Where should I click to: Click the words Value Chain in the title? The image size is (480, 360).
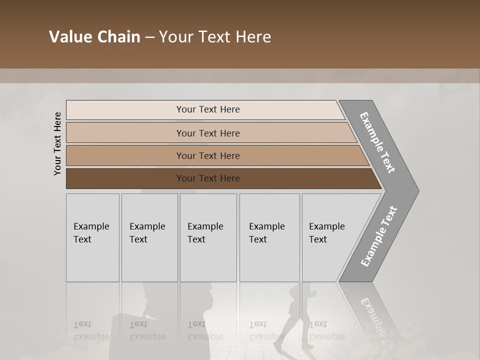tap(94, 37)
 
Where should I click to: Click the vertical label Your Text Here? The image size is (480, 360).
tap(57, 143)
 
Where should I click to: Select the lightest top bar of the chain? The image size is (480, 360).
tap(125, 110)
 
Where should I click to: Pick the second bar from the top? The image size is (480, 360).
tap(125, 133)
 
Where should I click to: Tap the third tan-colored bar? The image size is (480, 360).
tap(125, 155)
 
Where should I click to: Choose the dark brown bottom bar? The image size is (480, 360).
tap(125, 178)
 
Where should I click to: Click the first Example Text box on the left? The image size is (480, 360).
tap(92, 237)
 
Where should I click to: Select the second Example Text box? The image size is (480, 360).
tap(149, 237)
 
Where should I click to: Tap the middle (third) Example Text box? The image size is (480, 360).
tap(208, 237)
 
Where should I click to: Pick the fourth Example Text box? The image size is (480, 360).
tap(269, 237)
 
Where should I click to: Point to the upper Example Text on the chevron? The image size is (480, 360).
tap(377, 142)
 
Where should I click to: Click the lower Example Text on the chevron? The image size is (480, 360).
tap(379, 236)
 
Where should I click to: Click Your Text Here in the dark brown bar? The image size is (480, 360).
tap(208, 178)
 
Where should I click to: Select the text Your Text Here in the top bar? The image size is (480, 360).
tap(208, 109)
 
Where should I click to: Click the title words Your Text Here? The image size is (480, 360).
tap(215, 37)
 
